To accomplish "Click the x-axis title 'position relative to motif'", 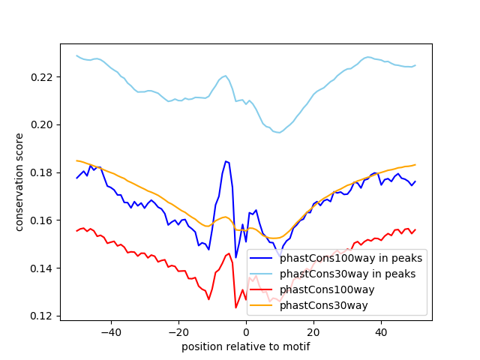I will point(246,346).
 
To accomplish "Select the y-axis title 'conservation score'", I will point(20,182).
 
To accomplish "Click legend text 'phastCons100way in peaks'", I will point(351,258).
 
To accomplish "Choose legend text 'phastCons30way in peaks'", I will point(348,274).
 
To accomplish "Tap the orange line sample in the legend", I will point(263,305).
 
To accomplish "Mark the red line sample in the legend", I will point(263,289).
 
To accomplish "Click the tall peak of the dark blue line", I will point(226,160).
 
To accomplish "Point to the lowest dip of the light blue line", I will point(278,133).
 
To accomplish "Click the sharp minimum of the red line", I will point(235,307).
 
